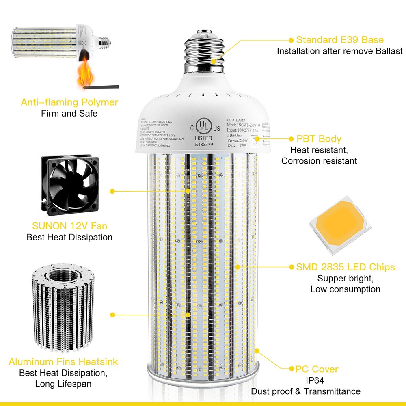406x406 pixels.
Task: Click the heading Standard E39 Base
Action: click(340, 40)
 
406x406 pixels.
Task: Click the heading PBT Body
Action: click(319, 139)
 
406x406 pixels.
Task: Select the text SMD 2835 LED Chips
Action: click(346, 267)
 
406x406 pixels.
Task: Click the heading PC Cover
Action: click(317, 369)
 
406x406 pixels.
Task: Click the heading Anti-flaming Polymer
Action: click(69, 102)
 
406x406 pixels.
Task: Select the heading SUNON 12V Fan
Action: click(69, 226)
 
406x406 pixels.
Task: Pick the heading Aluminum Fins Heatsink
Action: click(63, 361)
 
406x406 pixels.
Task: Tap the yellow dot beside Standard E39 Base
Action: click(291, 40)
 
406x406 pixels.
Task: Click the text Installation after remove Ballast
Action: click(340, 51)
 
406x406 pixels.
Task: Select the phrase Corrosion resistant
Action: click(319, 161)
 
